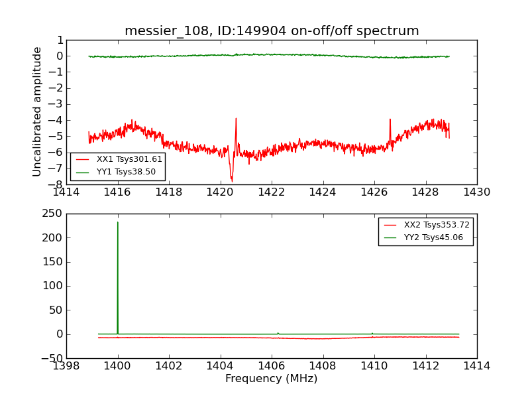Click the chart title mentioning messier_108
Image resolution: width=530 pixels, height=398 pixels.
coord(272,31)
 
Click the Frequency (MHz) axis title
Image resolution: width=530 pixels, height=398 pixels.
coord(271,379)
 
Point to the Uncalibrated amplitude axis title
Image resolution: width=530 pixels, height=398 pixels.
coord(38,111)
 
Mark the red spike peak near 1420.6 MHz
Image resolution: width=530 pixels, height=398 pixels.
coord(236,119)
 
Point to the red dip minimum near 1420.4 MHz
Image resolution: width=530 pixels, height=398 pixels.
coord(232,180)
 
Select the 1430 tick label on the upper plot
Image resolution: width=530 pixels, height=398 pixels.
coord(476,193)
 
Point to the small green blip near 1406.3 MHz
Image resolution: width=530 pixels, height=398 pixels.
coord(278,333)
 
